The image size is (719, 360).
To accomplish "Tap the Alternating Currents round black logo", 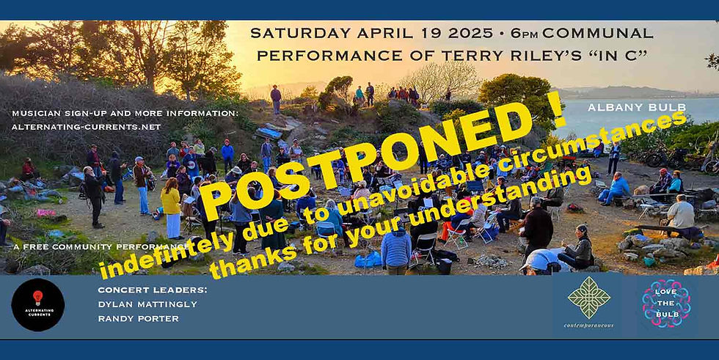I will click(38, 304).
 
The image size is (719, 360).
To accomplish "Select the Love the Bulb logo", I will click(666, 303).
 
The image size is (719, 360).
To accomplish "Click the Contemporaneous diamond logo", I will click(589, 301).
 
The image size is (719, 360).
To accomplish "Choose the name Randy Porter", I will click(129, 318).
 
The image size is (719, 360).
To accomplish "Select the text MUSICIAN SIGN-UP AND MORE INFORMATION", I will click(125, 113).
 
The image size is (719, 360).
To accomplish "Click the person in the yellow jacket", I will click(171, 205).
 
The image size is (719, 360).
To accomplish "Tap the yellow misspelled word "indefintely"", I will click(158, 256).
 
